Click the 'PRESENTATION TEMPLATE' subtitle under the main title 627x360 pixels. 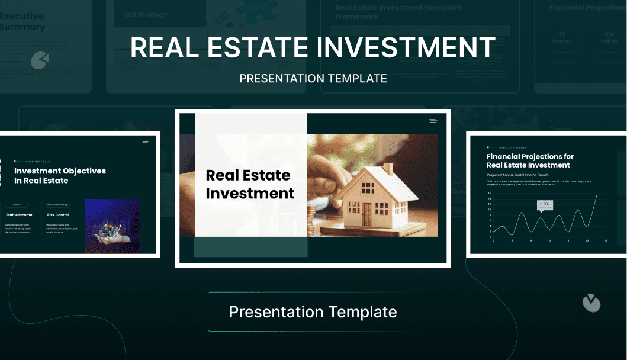pos(313,79)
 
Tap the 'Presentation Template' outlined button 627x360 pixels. pos(313,311)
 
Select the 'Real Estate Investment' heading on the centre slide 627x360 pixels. pos(250,184)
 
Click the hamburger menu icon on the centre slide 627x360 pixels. pos(433,121)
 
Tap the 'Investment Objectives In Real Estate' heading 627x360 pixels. pos(60,175)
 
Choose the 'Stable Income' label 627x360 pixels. pos(19,215)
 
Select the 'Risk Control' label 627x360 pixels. pos(58,215)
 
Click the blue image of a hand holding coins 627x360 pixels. pos(112,226)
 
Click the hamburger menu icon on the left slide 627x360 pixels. pos(145,141)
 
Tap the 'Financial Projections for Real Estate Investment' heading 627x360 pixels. pos(530,160)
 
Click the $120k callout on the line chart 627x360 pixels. pos(545,204)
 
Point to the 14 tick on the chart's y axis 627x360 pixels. pos(490,198)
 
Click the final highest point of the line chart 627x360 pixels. pos(596,196)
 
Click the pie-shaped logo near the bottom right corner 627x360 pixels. pos(591,303)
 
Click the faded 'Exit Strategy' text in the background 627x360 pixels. pos(146,14)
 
